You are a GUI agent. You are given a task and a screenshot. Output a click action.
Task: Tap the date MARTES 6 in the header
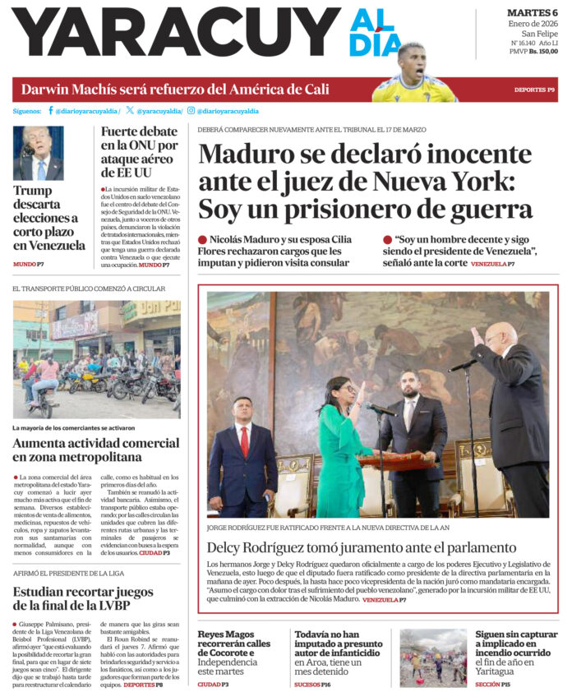pyautogui.click(x=532, y=12)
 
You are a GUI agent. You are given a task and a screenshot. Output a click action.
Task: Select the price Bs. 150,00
pyautogui.click(x=543, y=52)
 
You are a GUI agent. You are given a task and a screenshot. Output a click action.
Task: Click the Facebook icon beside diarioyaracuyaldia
pyautogui.click(x=51, y=110)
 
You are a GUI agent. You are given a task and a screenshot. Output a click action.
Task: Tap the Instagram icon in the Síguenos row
pyautogui.click(x=191, y=110)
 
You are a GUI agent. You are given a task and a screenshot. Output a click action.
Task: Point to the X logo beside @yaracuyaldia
pyautogui.click(x=130, y=110)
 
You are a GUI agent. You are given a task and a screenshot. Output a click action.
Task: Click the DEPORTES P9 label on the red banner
pyautogui.click(x=534, y=89)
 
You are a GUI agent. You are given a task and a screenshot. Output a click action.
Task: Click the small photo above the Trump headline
pyautogui.click(x=39, y=153)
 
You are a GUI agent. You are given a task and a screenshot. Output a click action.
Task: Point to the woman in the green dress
pyautogui.click(x=341, y=444)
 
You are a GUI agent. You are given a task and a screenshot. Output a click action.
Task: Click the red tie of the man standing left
pyautogui.click(x=244, y=441)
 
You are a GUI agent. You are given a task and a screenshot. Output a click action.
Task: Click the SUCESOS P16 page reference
pyautogui.click(x=312, y=684)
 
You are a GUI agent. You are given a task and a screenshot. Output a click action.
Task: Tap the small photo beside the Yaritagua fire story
pyautogui.click(x=433, y=657)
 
